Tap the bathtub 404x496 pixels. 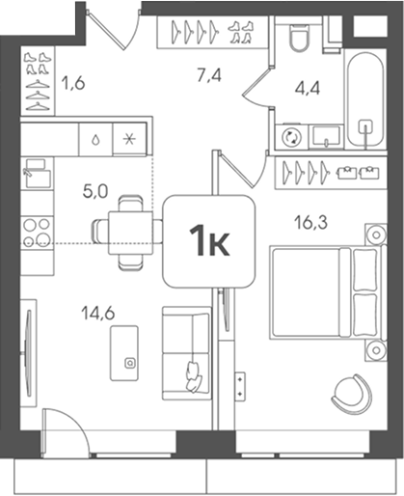(365, 99)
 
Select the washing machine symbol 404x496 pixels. (292, 137)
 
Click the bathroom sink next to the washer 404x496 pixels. (326, 137)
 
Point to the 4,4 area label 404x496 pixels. (308, 89)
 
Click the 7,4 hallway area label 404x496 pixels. (209, 76)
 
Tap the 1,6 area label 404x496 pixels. (73, 84)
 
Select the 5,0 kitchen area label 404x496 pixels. (95, 192)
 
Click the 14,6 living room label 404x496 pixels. (98, 314)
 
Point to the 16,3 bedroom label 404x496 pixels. (311, 223)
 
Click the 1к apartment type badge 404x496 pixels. (209, 241)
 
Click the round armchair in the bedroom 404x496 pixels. (351, 393)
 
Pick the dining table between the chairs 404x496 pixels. (130, 233)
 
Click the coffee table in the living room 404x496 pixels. (124, 353)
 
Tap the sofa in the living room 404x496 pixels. (187, 353)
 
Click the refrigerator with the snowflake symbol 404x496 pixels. (129, 140)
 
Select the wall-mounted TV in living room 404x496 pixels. (27, 353)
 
